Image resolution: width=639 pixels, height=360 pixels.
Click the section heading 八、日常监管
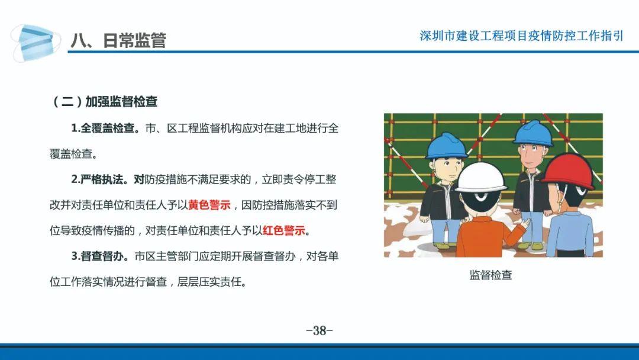pos(118,40)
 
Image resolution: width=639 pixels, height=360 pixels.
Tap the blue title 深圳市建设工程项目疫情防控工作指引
pos(521,36)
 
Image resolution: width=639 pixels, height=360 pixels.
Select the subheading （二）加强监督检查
pos(104,101)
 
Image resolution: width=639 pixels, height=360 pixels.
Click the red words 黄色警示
pos(209,205)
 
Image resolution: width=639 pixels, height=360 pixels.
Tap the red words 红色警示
pos(284,231)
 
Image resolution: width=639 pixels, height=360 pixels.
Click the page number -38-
pos(319,330)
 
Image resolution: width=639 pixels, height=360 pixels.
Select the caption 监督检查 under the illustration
pos(490,275)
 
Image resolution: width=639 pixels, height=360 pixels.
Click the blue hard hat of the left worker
pos(447,146)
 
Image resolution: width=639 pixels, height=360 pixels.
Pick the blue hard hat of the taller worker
pos(533,133)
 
